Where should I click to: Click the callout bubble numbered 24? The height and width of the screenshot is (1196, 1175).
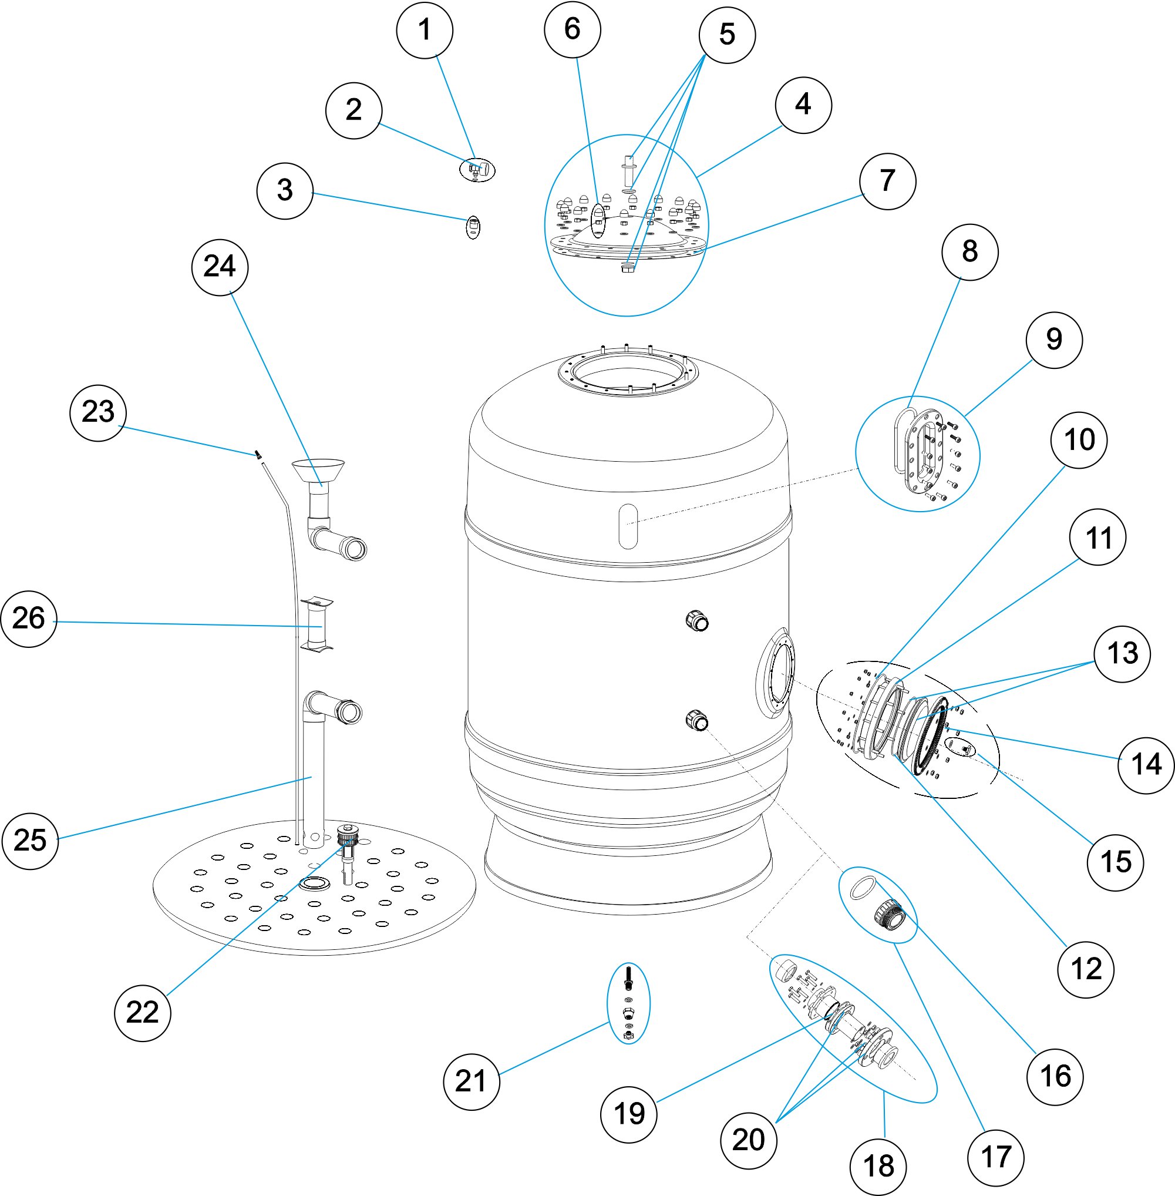(x=220, y=267)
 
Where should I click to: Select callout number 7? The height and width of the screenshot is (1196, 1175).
(x=887, y=182)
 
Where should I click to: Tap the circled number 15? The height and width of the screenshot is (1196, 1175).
(x=1115, y=862)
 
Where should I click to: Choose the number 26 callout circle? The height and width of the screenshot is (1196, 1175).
(x=29, y=619)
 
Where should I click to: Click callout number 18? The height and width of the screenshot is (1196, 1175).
(x=878, y=1167)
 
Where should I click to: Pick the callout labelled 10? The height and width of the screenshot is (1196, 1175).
(x=1079, y=440)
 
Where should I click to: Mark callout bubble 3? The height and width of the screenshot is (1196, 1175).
(x=284, y=191)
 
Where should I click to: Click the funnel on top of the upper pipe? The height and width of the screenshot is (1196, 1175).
(x=318, y=471)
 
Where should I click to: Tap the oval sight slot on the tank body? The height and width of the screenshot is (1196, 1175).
(x=628, y=526)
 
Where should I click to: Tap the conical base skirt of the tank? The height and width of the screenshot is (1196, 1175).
(x=628, y=865)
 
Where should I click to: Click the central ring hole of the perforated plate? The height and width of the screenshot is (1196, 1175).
(x=315, y=883)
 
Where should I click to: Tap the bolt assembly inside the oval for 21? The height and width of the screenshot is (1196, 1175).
(x=628, y=1003)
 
